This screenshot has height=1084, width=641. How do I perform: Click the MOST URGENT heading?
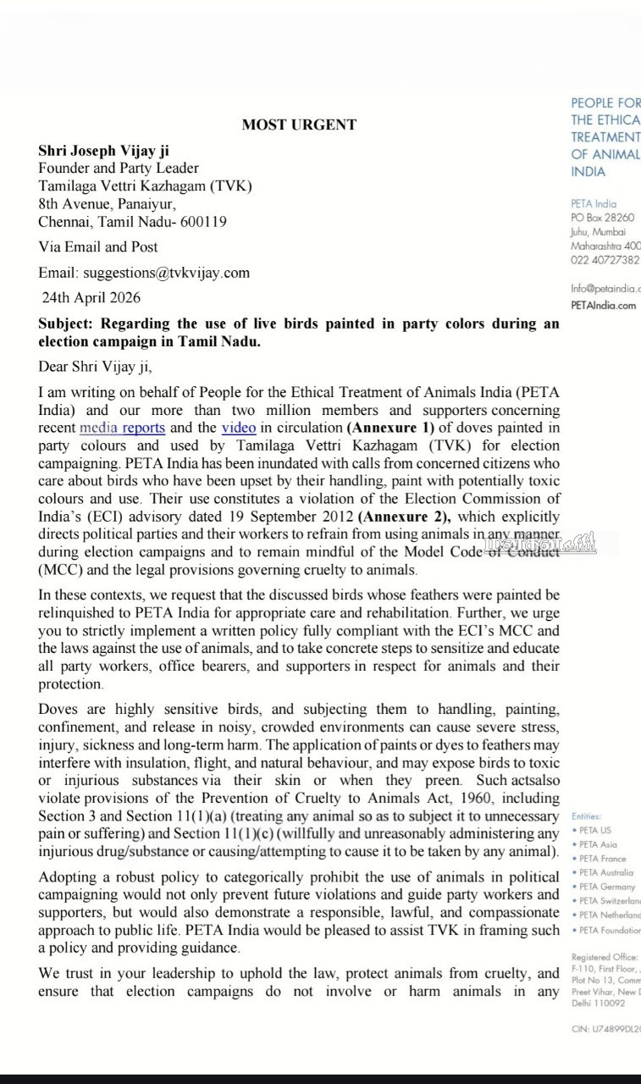pyautogui.click(x=299, y=124)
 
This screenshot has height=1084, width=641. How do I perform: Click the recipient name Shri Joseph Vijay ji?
pyautogui.click(x=103, y=150)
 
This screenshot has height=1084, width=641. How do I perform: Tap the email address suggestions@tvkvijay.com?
pyautogui.click(x=166, y=273)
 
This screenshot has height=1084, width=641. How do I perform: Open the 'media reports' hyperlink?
pyautogui.click(x=122, y=428)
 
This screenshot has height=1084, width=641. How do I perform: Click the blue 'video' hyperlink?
pyautogui.click(x=239, y=428)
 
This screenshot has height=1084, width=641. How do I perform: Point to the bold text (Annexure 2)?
pyautogui.click(x=404, y=517)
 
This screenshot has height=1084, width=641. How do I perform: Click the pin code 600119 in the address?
pyautogui.click(x=203, y=222)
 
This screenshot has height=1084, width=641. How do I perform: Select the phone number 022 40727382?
pyautogui.click(x=605, y=260)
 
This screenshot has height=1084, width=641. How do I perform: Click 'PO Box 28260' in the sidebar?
pyautogui.click(x=602, y=218)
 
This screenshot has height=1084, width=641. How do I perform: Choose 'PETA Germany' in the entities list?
pyautogui.click(x=607, y=887)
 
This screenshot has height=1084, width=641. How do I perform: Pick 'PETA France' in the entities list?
pyautogui.click(x=603, y=858)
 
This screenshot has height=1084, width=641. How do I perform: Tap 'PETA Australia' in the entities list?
pyautogui.click(x=607, y=872)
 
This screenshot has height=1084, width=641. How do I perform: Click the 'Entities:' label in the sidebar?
pyautogui.click(x=586, y=816)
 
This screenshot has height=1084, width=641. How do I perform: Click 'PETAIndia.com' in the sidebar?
pyautogui.click(x=603, y=306)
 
